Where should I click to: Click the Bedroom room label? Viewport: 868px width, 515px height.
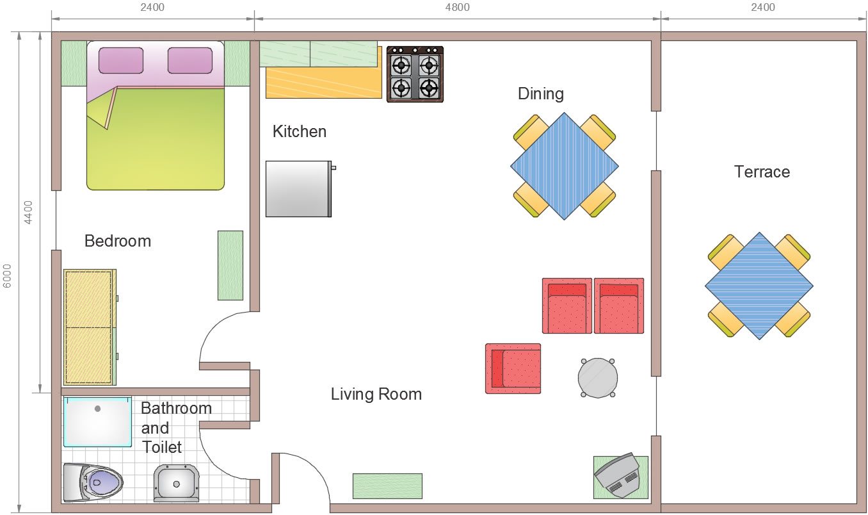118,241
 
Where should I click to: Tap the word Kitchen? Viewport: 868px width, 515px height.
300,131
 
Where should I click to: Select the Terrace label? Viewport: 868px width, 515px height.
762,172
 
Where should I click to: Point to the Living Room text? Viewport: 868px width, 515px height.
376,395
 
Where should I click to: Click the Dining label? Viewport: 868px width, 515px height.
541,94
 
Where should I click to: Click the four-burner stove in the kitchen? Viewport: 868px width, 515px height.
415,74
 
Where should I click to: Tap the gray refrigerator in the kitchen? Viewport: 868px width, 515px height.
299,189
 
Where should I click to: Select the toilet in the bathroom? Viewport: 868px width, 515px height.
93,482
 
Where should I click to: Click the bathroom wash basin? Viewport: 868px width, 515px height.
176,483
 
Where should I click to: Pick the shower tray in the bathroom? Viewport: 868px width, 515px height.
98,421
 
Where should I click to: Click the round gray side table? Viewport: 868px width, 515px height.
597,378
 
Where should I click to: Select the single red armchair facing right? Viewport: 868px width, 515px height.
513,368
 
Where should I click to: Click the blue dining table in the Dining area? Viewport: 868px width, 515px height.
565,167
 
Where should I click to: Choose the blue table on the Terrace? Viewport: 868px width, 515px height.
759,286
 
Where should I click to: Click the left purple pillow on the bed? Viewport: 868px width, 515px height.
121,60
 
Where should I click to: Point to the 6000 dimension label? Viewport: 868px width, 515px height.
8,276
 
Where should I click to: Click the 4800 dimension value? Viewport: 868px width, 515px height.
457,8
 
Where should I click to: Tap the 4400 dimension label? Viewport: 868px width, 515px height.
28,213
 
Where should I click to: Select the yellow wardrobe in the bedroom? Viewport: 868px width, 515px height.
90,327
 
